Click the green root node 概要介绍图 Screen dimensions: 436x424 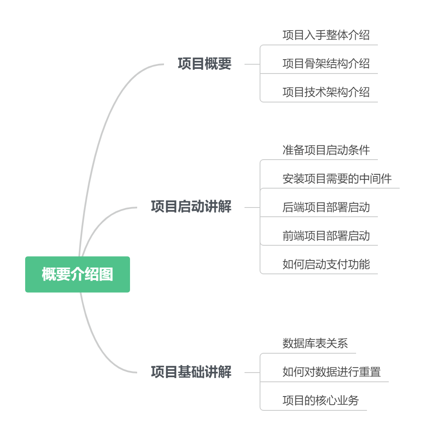tap(78, 274)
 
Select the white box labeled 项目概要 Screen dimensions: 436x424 tap(204, 64)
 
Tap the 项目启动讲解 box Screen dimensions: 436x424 tap(191, 207)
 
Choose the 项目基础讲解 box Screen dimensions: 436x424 tap(191, 372)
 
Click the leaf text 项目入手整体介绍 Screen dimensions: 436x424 tap(326, 35)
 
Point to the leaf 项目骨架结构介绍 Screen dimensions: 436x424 tap(326, 63)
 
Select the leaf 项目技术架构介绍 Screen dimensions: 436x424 tap(326, 92)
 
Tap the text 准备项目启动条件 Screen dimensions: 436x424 tap(326, 150)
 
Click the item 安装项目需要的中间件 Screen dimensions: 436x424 tap(337, 179)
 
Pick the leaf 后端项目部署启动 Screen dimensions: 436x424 tap(326, 207)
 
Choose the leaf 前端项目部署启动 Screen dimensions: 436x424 tap(326, 236)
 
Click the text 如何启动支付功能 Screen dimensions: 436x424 tap(326, 264)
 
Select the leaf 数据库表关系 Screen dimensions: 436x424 tap(315, 343)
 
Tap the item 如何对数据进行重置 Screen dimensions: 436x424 tap(331, 372)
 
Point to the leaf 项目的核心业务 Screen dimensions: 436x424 tap(320, 400)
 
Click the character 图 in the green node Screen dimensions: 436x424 tap(107, 274)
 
